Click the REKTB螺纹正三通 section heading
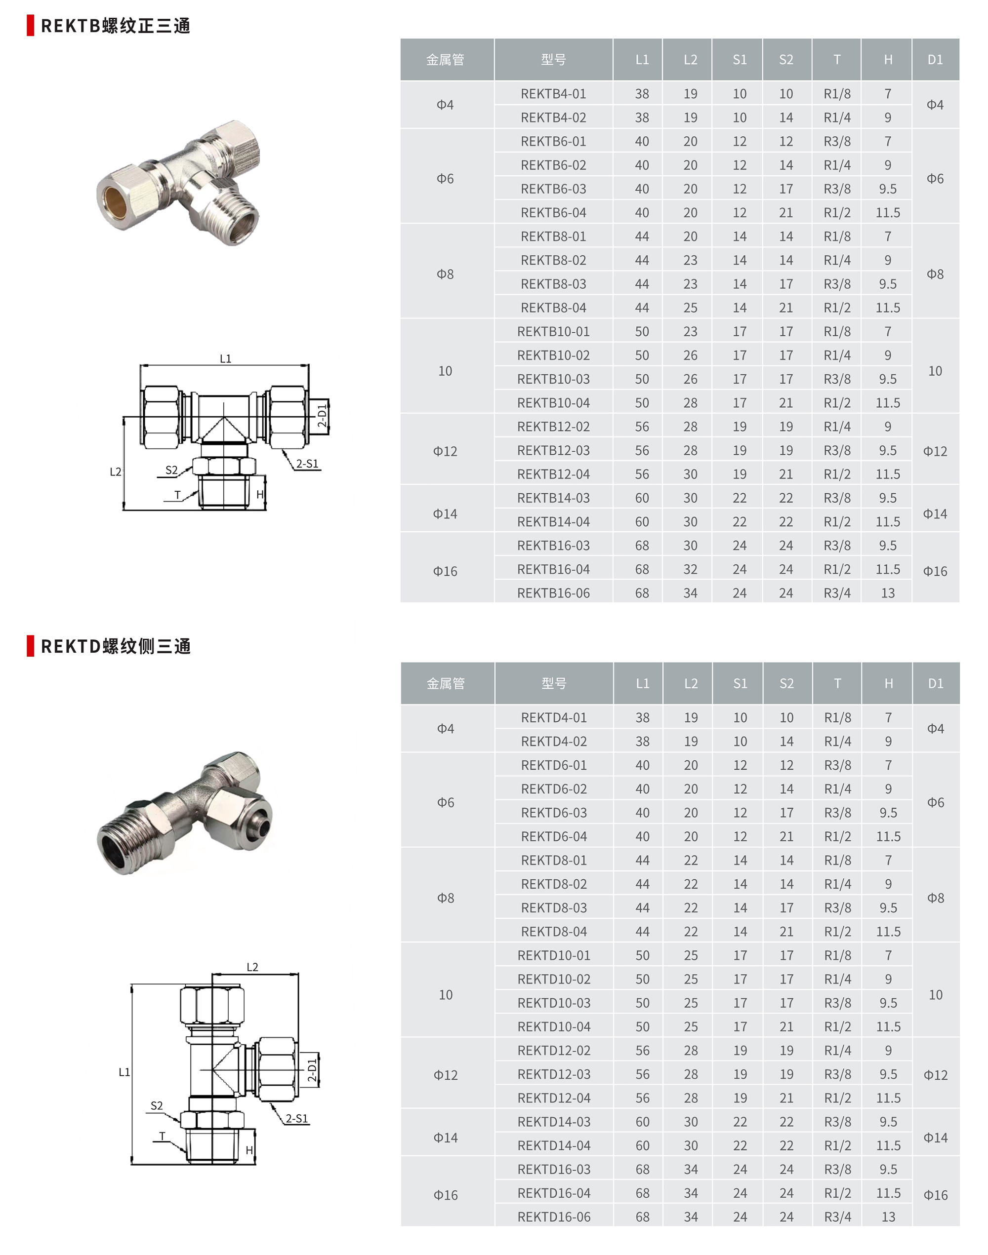click(115, 26)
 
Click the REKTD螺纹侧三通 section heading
click(115, 646)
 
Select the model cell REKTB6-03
click(553, 189)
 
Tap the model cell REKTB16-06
click(553, 593)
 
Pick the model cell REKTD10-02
click(554, 979)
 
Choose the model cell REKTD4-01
click(554, 717)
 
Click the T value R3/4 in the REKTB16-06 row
click(836, 593)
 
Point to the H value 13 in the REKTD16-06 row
click(888, 1217)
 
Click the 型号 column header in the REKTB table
click(553, 60)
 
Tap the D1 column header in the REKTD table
click(935, 683)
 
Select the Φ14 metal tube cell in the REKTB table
click(445, 514)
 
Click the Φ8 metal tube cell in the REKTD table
click(446, 898)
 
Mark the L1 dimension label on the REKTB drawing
click(225, 359)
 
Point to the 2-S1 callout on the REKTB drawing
click(307, 464)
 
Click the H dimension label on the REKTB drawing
click(260, 494)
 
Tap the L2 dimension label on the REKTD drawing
click(252, 967)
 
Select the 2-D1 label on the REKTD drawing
click(312, 1070)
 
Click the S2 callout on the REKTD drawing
click(157, 1105)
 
